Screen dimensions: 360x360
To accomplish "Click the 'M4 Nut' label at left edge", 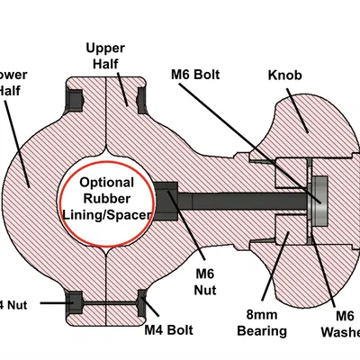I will click(x=13, y=304).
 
